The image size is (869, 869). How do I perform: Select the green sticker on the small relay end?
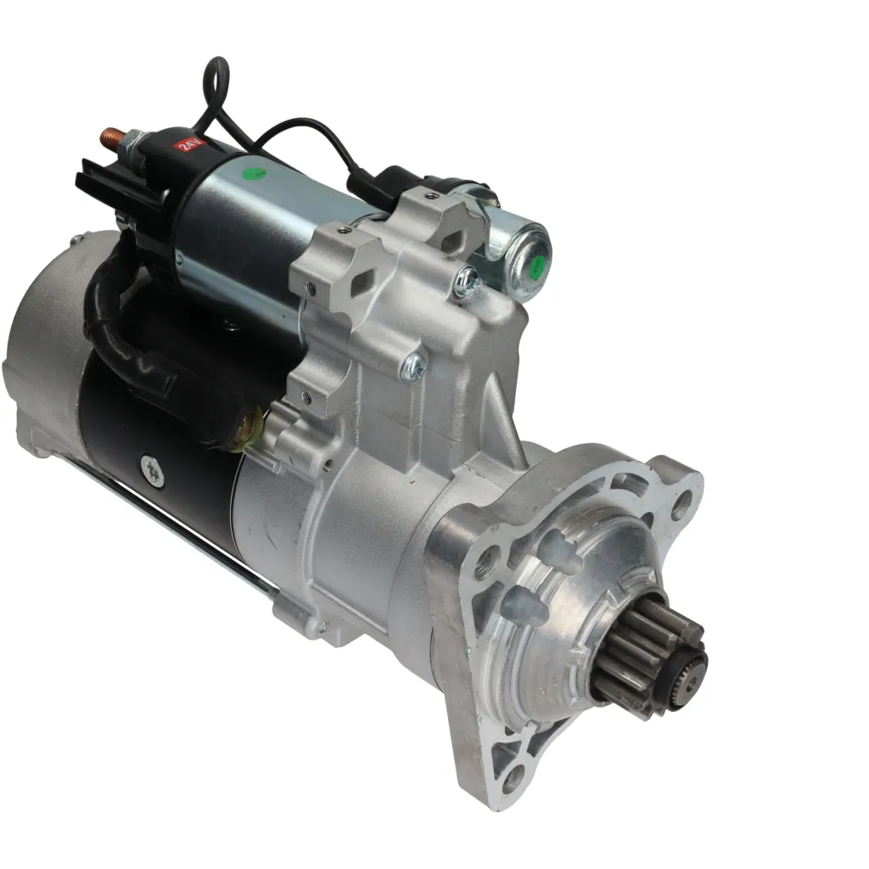click(536, 266)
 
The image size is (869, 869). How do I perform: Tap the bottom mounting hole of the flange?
click(512, 779)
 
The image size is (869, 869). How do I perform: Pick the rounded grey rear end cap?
click(38, 356)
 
